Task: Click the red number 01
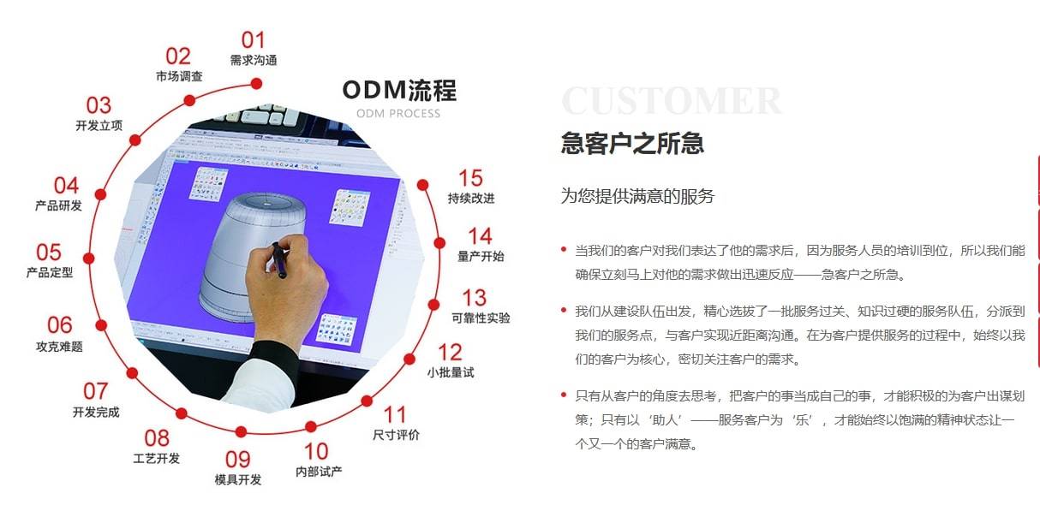(x=253, y=40)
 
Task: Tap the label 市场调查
(x=179, y=76)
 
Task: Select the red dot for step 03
(x=135, y=140)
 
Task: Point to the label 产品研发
(x=58, y=205)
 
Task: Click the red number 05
(x=49, y=253)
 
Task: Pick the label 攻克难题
(x=59, y=347)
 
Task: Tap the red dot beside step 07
(x=132, y=373)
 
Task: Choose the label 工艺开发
(x=157, y=459)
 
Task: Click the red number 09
(x=237, y=460)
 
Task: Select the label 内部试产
(x=319, y=472)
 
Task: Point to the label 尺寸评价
(x=396, y=435)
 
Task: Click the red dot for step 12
(x=409, y=359)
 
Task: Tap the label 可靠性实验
(x=481, y=318)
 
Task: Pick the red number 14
(x=480, y=236)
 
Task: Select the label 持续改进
(x=471, y=198)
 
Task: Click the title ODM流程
(x=399, y=90)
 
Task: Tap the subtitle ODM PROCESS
(x=398, y=114)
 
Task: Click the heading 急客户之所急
(x=632, y=143)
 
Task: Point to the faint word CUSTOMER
(x=672, y=101)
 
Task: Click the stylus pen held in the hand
(x=278, y=259)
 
